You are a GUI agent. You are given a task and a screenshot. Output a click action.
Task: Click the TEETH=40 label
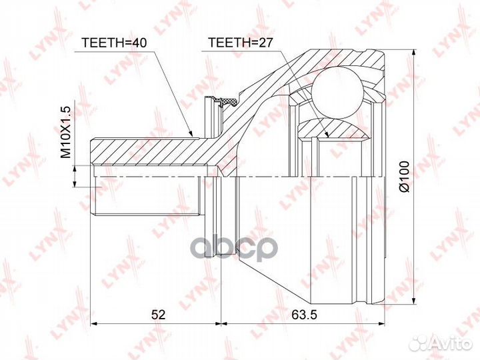114,43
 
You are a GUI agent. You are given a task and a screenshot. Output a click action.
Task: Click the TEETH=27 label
240,43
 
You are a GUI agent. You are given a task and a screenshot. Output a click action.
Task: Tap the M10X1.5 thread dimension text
65,132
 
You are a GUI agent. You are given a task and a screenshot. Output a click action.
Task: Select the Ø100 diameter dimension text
405,176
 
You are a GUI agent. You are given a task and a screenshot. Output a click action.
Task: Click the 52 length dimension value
158,315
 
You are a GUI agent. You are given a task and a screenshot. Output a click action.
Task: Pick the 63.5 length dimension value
304,315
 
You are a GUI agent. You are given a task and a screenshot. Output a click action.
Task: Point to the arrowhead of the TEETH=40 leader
192,133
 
